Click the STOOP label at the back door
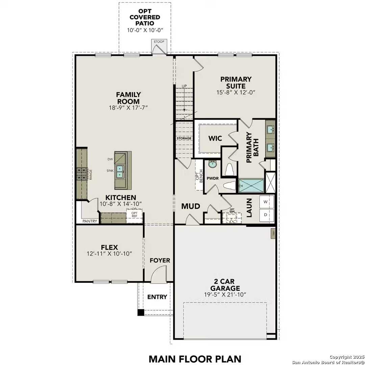click(x=159, y=42)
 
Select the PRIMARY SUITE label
click(x=236, y=82)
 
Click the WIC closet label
click(x=215, y=139)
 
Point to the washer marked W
click(x=265, y=202)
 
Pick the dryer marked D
click(x=265, y=215)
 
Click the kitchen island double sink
click(x=120, y=171)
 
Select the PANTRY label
click(x=90, y=221)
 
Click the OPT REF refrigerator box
click(x=134, y=215)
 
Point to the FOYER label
click(x=160, y=261)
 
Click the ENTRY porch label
click(x=157, y=297)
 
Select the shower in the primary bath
click(x=251, y=186)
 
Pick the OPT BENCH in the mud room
click(x=199, y=175)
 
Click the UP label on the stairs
click(x=184, y=86)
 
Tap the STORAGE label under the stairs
click(x=184, y=138)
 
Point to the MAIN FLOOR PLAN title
click(x=195, y=358)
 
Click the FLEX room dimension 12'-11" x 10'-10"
click(x=109, y=253)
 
